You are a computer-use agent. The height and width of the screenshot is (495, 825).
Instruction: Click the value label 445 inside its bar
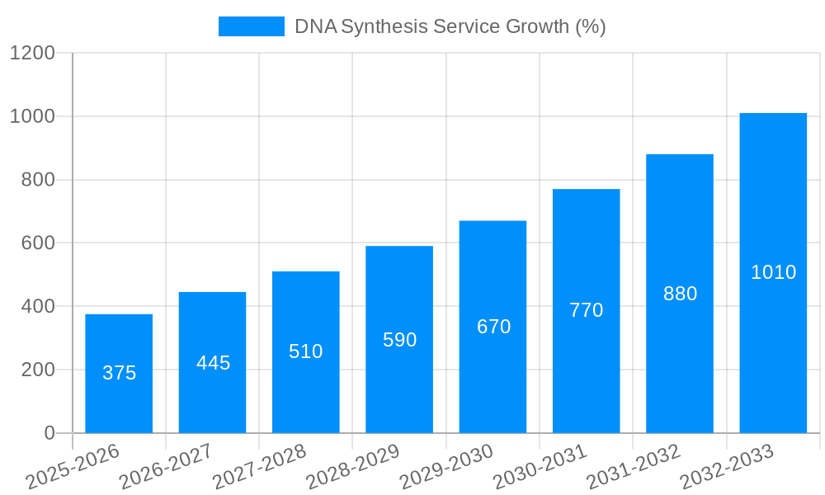pos(213,363)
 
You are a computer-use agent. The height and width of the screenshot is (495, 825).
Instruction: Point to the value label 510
pos(306,351)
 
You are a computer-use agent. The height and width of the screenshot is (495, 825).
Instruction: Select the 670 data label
pos(493,327)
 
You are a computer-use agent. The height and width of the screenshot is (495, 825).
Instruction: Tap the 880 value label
pos(680,294)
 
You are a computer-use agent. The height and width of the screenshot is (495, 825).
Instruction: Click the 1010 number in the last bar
pos(773,272)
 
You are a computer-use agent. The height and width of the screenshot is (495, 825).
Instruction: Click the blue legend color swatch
pos(251,26)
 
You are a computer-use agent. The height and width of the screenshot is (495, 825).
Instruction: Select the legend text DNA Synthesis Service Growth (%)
pos(450,26)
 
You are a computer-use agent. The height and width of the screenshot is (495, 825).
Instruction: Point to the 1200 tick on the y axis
pos(31,54)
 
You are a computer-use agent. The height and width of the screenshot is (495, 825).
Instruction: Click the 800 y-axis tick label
pos(36,180)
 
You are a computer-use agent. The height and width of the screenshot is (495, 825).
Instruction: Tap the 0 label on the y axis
pos(49,433)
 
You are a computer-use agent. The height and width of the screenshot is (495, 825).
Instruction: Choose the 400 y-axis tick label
pos(36,307)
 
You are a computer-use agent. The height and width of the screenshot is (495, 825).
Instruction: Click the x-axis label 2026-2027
pos(166,467)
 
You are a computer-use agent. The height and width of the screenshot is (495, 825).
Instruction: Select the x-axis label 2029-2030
pos(446,467)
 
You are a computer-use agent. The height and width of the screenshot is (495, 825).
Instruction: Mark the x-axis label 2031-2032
pos(633,467)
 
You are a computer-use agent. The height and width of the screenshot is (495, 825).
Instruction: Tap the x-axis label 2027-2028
pos(259,467)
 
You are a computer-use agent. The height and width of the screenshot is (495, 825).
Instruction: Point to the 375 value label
pos(119,373)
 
